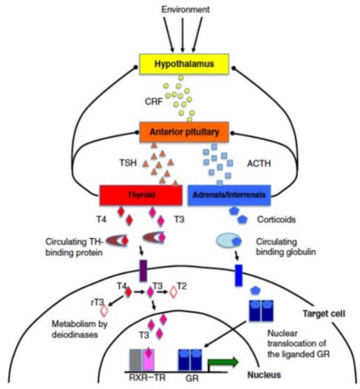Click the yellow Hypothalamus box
[x=184, y=64]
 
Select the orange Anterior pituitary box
[x=184, y=132]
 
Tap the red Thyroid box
[x=141, y=195]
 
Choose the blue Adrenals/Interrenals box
[x=229, y=195]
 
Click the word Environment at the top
[x=186, y=10]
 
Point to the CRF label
[x=154, y=101]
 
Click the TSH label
[x=128, y=163]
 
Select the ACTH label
[x=259, y=163]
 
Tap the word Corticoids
[x=276, y=220]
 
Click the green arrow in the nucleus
[x=223, y=362]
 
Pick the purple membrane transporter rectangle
[x=143, y=271]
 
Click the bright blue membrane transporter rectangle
[x=239, y=275]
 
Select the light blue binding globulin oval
[x=228, y=240]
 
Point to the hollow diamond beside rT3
[x=104, y=311]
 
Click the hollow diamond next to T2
[x=174, y=292]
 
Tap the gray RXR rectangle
[x=135, y=360]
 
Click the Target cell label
[x=324, y=314]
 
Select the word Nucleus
[x=265, y=375]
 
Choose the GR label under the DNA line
[x=192, y=379]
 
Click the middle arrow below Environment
[x=183, y=35]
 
